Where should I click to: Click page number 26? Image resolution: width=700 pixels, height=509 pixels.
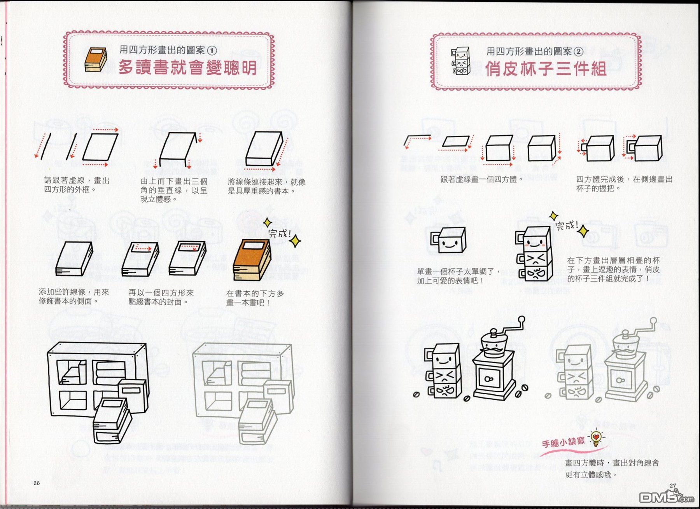[37, 483]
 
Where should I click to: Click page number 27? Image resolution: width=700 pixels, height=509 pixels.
[673, 486]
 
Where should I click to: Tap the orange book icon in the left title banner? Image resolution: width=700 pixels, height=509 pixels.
[96, 59]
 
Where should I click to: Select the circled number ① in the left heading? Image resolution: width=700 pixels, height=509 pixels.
[212, 51]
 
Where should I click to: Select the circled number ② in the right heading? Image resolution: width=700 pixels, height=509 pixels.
[579, 52]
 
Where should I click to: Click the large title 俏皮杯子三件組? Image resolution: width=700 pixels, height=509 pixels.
[546, 69]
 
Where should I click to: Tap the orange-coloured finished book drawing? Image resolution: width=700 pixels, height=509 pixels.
[252, 260]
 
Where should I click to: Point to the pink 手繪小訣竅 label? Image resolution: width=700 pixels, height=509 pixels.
[563, 443]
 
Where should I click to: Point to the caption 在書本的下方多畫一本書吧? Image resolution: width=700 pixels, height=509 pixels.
[255, 298]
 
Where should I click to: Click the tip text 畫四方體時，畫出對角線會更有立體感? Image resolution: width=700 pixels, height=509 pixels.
[612, 469]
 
